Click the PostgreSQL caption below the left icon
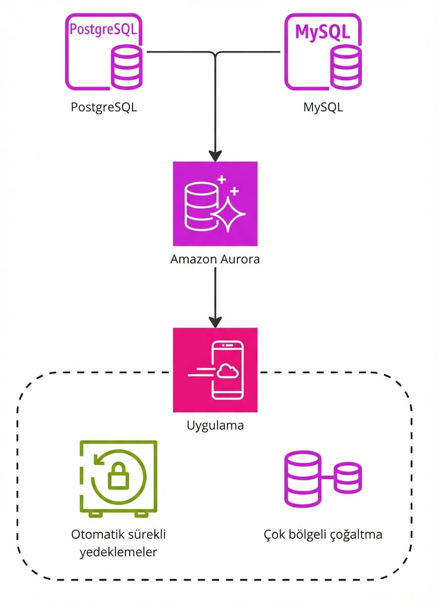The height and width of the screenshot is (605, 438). click(104, 107)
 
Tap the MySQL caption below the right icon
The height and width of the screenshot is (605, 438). click(323, 107)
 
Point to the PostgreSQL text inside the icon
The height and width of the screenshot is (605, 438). click(103, 29)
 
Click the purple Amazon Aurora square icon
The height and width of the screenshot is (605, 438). click(215, 203)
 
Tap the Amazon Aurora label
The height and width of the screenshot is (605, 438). click(215, 259)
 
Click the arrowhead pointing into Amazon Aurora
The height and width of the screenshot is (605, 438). click(215, 155)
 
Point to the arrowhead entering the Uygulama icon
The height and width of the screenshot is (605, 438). click(215, 321)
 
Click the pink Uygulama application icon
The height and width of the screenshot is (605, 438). click(215, 370)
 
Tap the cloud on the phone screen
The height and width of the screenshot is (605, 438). click(227, 371)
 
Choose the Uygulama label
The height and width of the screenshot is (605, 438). click(215, 426)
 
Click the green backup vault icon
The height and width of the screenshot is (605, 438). click(118, 477)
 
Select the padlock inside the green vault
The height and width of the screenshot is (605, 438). click(118, 478)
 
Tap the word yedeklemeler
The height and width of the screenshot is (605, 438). click(118, 552)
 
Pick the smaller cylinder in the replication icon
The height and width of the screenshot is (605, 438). click(348, 477)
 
